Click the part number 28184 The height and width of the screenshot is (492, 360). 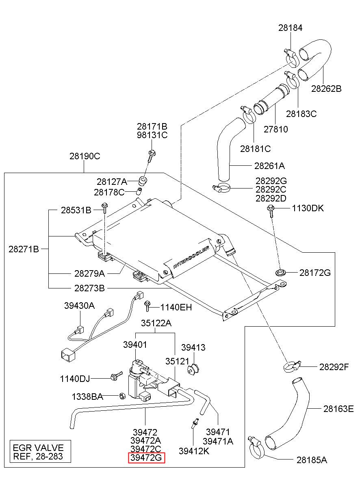[x=290, y=28]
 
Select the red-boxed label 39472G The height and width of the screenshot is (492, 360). [x=146, y=458]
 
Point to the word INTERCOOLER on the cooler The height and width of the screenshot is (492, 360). [x=191, y=257]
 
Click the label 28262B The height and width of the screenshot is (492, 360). [x=326, y=89]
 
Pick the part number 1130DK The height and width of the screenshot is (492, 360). [x=308, y=208]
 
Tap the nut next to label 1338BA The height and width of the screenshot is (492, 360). [x=122, y=396]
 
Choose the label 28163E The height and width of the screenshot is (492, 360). [x=338, y=409]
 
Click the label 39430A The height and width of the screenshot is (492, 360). [x=79, y=306]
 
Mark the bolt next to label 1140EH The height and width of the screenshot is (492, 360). [x=147, y=306]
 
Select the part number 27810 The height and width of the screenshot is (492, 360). [x=275, y=129]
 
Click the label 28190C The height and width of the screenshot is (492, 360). [x=85, y=156]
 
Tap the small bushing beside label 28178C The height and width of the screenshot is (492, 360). [x=139, y=191]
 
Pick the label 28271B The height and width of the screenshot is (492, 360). [x=24, y=249]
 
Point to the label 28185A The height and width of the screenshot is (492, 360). [x=312, y=460]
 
